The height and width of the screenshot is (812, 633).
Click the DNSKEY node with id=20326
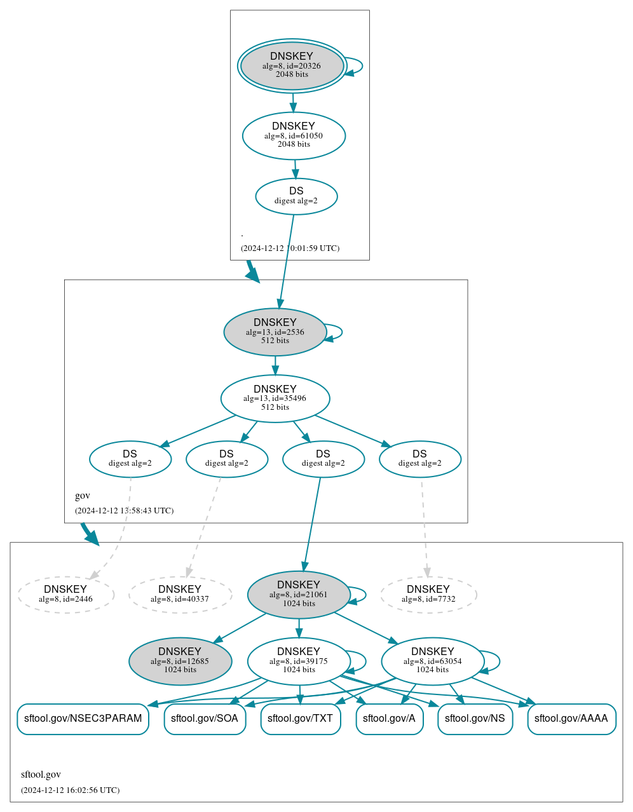[292, 65]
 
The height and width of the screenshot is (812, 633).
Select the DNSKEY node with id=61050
[294, 135]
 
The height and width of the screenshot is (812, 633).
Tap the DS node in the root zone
[296, 196]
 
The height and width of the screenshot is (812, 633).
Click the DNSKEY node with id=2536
[275, 332]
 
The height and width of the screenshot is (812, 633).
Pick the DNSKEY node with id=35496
[275, 398]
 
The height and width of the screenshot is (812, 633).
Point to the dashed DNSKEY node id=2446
[65, 595]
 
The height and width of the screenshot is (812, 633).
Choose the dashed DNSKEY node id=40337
[180, 595]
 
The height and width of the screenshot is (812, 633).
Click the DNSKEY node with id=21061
[298, 595]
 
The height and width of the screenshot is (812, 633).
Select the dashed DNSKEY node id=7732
[428, 595]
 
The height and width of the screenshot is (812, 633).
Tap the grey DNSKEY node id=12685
[180, 661]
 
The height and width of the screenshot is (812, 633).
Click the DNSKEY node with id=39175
[298, 661]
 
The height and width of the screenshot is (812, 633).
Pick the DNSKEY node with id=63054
[432, 661]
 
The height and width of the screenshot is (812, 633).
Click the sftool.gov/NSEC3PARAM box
[83, 719]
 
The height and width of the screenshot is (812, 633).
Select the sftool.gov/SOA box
[205, 719]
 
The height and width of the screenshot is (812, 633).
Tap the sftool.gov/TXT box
[300, 719]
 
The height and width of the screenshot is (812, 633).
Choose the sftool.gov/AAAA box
[571, 719]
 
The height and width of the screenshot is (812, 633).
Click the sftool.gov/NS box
[475, 719]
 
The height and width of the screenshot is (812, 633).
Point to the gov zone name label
[83, 496]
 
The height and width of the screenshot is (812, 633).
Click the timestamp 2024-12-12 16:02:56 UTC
[70, 790]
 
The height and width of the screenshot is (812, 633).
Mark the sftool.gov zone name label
[41, 775]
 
